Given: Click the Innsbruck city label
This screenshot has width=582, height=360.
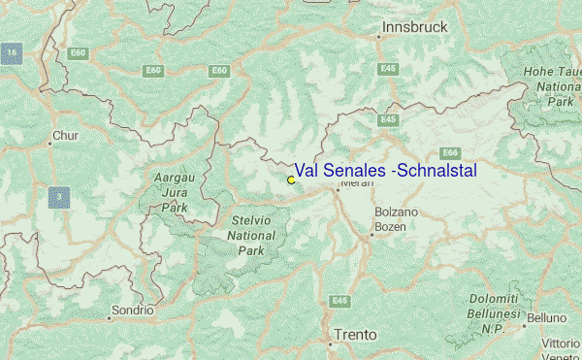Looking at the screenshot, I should coord(414,27).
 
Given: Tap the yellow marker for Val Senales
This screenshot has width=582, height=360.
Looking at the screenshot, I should coord(291,180).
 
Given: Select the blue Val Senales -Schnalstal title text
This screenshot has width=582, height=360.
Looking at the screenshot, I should coord(385,170).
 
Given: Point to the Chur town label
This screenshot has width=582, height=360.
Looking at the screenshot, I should coord(65,136).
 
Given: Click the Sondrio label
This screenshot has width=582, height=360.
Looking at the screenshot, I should coord(133,311).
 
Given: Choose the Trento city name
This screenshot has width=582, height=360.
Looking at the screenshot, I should coord(354,335).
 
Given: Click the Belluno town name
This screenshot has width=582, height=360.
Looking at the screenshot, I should coord(547,317).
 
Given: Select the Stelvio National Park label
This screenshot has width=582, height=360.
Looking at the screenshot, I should coord(251,235).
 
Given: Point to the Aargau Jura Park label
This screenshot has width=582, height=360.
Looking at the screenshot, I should coord(175,192).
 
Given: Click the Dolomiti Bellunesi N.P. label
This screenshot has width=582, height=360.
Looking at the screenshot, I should coord(496,313).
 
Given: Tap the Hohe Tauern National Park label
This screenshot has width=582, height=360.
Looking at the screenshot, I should coord(553,85).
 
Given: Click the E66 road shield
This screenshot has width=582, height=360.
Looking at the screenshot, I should coord(450,152).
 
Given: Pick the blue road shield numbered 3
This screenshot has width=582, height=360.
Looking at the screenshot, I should coord(59,198).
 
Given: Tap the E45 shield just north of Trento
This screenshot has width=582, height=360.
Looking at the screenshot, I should coord(339,301).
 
